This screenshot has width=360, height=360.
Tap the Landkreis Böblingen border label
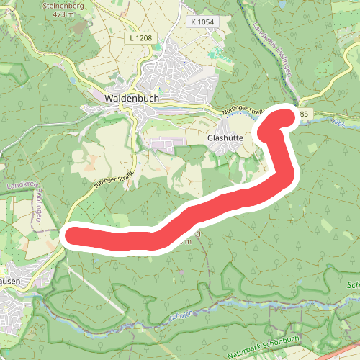click(x=33, y=202)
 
